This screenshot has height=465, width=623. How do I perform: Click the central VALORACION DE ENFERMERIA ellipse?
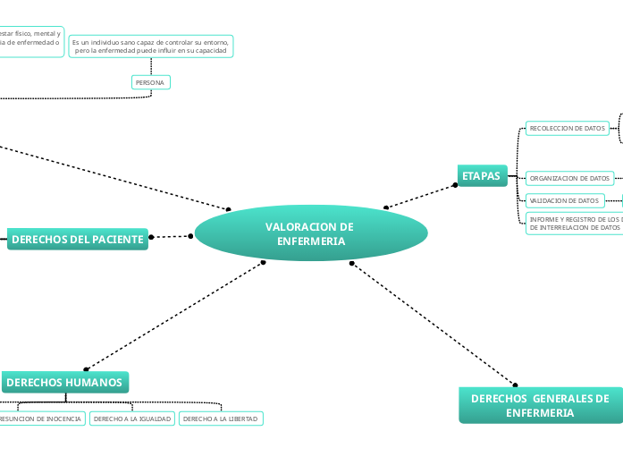coord(310,234)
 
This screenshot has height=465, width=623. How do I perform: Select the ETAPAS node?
coord(481,175)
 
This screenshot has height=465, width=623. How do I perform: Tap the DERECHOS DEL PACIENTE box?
coord(78,239)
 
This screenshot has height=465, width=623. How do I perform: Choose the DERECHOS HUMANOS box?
coord(64,382)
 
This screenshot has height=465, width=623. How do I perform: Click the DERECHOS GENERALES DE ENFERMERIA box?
coord(540,405)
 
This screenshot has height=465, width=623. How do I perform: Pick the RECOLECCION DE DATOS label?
coord(567,129)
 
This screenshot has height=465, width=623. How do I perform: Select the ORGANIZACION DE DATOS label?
coord(569,178)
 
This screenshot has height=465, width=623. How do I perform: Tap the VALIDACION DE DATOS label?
coord(564,200)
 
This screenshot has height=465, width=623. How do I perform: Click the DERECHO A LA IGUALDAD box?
coord(132,418)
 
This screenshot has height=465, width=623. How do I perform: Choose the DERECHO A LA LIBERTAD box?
coord(220,418)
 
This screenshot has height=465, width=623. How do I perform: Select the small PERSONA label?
coord(149,82)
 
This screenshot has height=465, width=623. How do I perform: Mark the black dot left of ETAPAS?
coord(455,185)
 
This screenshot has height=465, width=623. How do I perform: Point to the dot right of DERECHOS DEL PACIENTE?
coord(151,237)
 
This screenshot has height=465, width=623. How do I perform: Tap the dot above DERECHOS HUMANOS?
coord(86,368)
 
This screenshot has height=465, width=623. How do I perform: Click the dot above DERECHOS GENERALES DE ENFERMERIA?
coord(515,385)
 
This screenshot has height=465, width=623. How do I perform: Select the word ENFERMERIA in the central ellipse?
coord(310,241)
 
